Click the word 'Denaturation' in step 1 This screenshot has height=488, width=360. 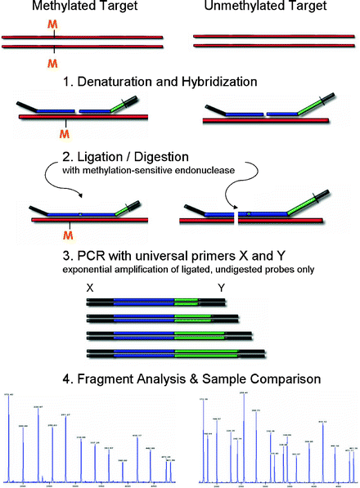155,83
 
